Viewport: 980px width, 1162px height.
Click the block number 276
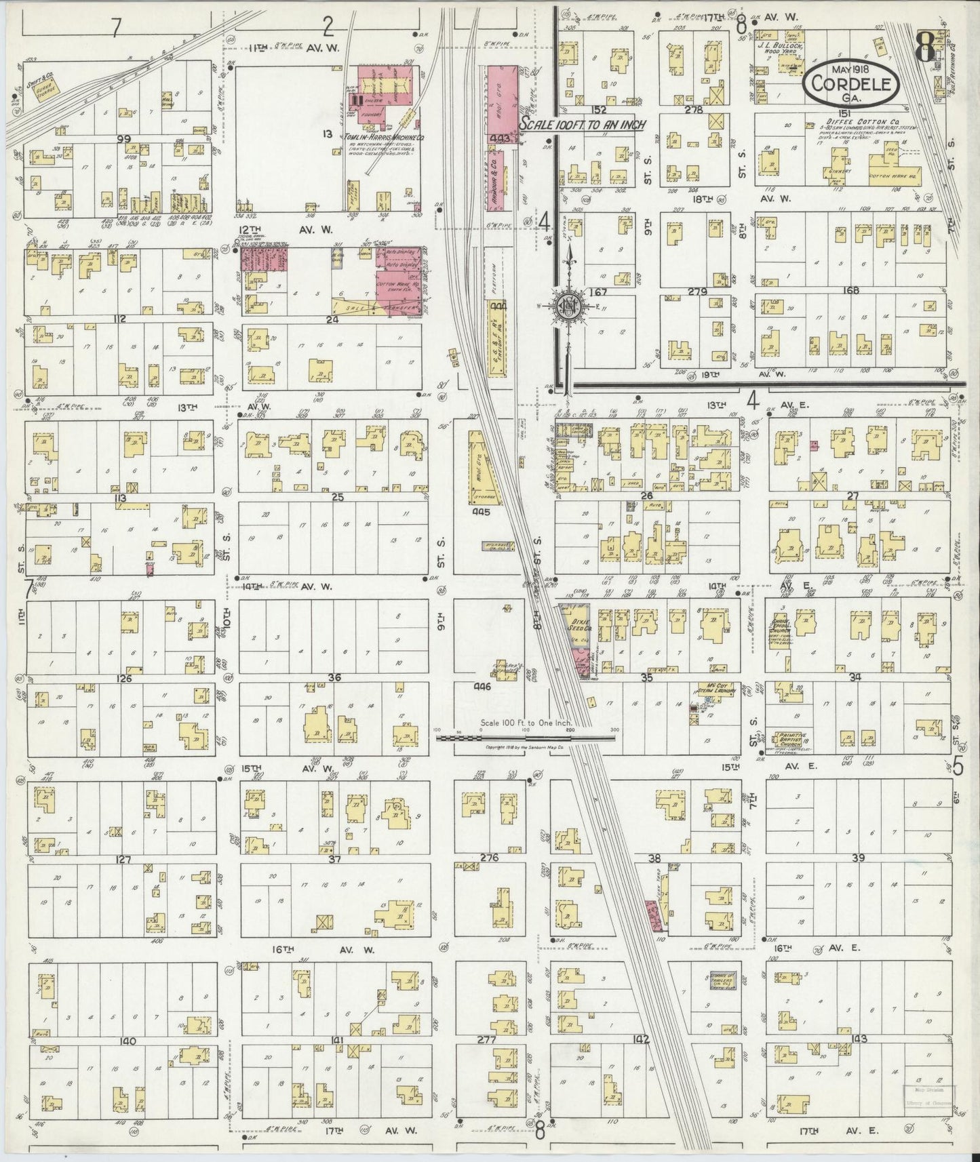click(489, 858)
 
